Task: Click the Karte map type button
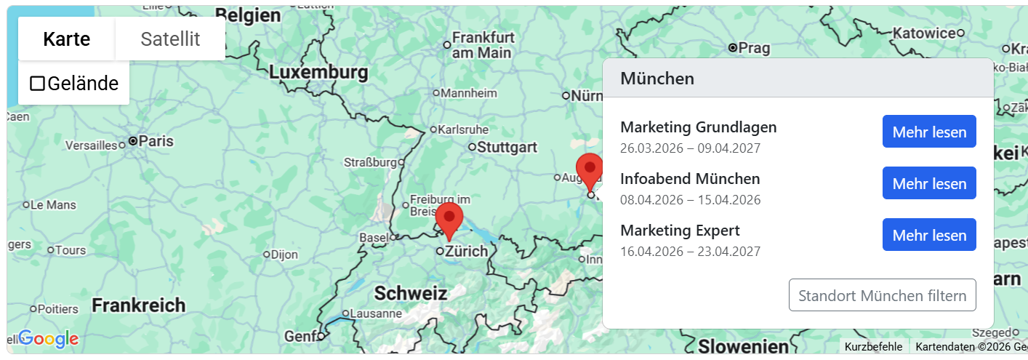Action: [66, 39]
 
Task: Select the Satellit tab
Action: [170, 39]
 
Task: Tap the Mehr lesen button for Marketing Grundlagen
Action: [929, 132]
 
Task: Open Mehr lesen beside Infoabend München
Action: [929, 183]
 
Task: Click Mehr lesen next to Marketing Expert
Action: [929, 235]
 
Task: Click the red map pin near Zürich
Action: [449, 220]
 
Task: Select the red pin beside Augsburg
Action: [589, 171]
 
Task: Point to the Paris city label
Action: [156, 141]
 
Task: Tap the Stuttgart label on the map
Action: [507, 147]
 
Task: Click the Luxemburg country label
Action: [318, 73]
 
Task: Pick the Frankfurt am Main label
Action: [482, 45]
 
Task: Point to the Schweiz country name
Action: [410, 293]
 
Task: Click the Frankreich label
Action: [138, 305]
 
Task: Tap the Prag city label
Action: [754, 48]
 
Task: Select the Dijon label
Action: [284, 255]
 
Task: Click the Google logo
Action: [48, 338]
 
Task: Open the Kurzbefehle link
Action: [873, 347]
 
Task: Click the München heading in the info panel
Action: [657, 79]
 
